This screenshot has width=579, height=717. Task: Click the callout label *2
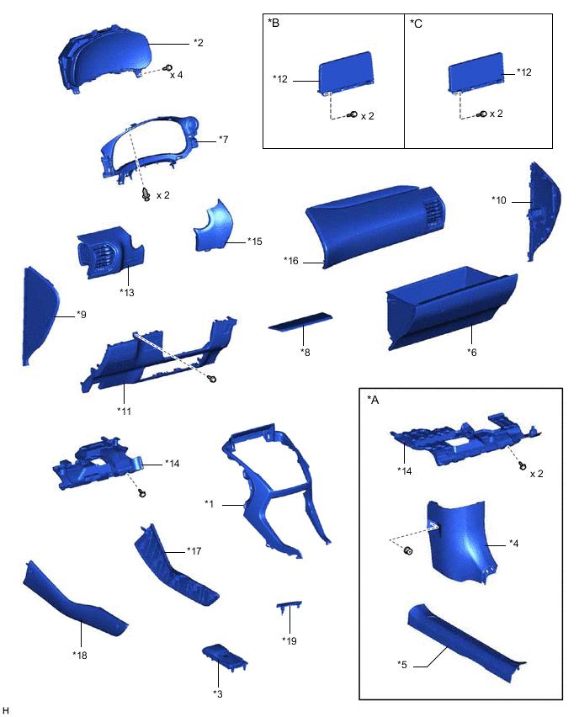[198, 43]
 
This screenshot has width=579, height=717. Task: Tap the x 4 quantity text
[177, 75]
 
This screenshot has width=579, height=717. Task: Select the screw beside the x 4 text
[168, 69]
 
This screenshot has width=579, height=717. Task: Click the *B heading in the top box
[274, 23]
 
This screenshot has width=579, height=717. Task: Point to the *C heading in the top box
[417, 24]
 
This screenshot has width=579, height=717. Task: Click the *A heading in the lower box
[373, 400]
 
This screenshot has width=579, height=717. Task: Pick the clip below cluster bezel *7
[146, 194]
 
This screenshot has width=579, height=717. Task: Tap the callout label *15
[255, 242]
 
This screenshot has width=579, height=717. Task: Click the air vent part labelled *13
[109, 252]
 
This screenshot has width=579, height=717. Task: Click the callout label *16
[291, 261]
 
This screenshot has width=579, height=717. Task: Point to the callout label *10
[499, 200]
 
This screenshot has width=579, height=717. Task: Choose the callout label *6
[471, 352]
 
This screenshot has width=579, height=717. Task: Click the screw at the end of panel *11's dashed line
[212, 379]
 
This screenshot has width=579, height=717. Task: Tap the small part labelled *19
[289, 607]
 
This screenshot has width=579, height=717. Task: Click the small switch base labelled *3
[225, 657]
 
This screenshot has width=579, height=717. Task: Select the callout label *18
[80, 656]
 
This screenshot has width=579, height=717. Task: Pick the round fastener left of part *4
[408, 550]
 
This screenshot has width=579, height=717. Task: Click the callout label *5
[402, 665]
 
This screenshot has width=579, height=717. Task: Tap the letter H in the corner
[6, 710]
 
